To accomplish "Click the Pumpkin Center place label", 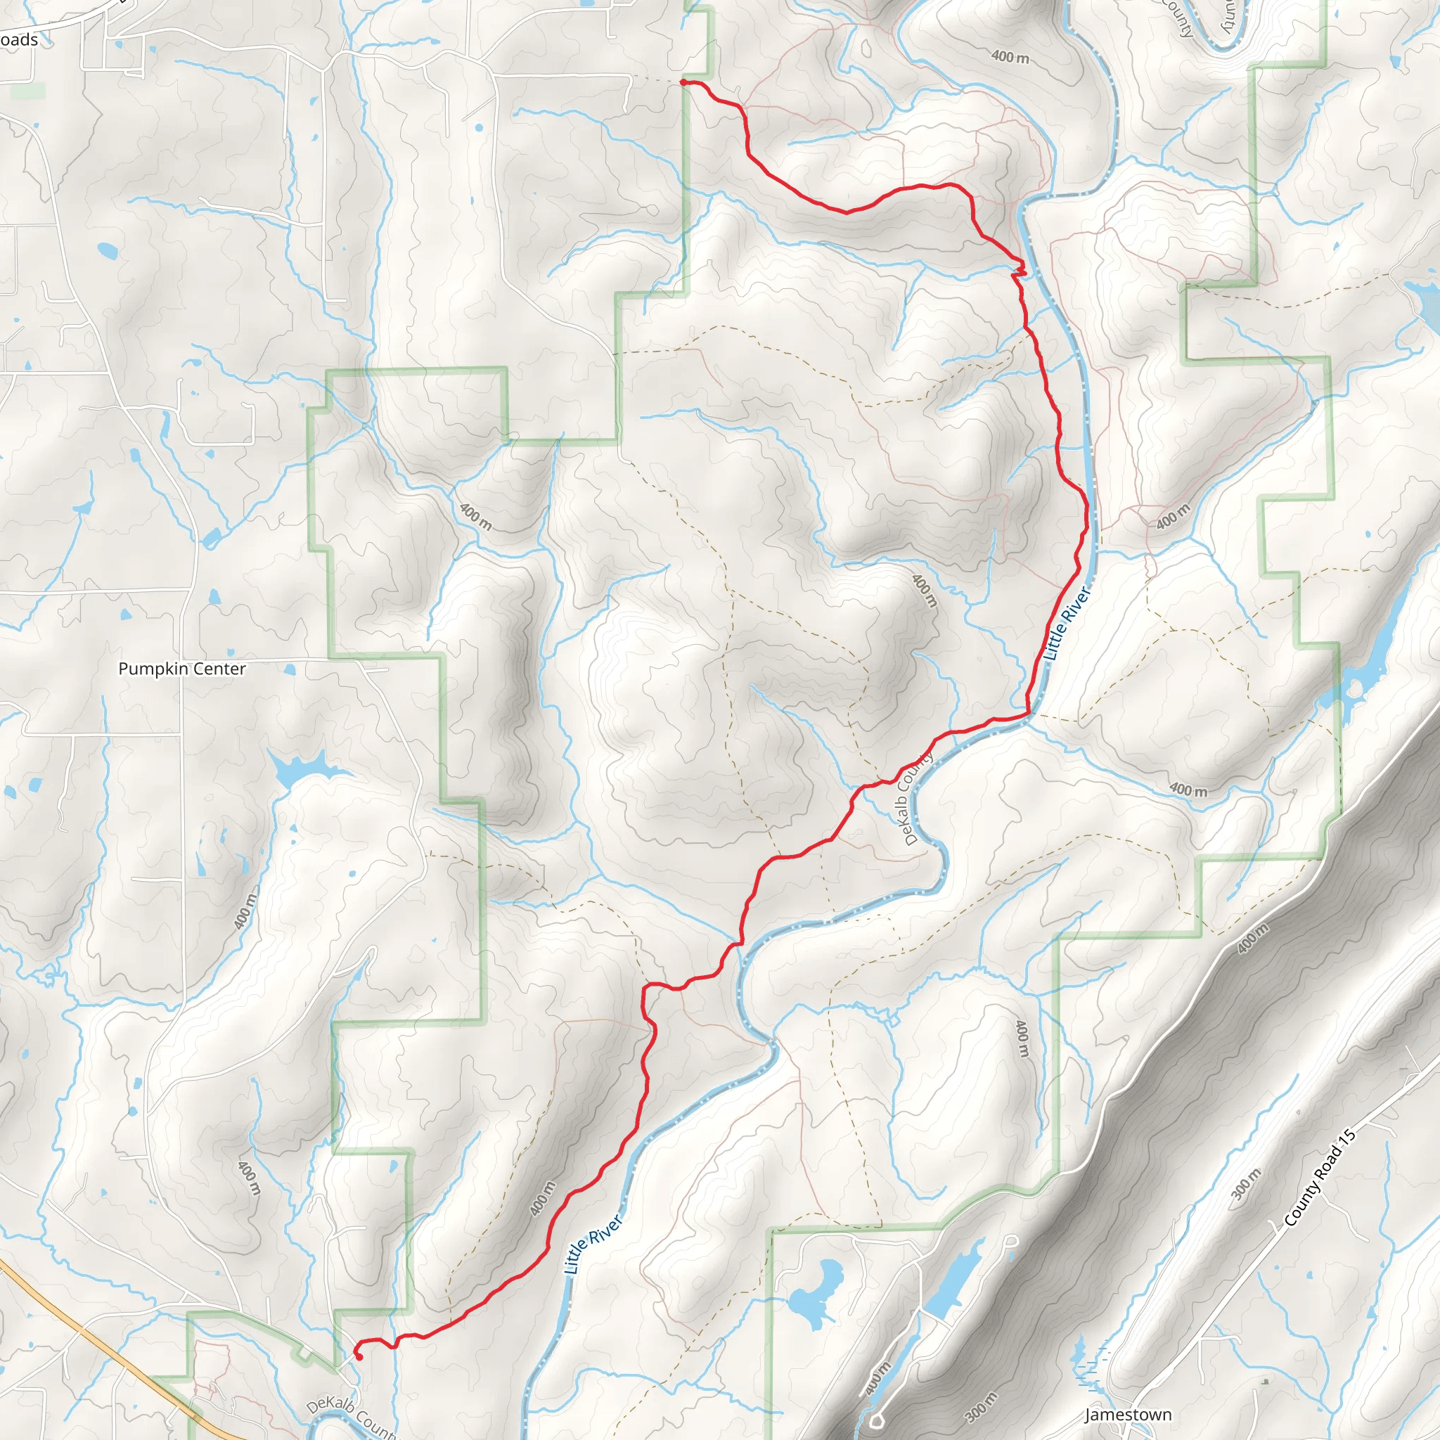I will [x=182, y=669].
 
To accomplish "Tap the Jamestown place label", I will [x=1128, y=1414].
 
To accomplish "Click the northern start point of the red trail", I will [x=683, y=82].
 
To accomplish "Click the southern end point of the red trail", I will [x=359, y=1357].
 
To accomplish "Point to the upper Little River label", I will [x=1068, y=624].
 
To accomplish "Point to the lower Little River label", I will [x=593, y=1244].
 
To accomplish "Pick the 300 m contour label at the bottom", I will [x=980, y=1406].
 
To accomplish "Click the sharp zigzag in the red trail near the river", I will [x=1019, y=270].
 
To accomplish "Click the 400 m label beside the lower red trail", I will [x=543, y=1199].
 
